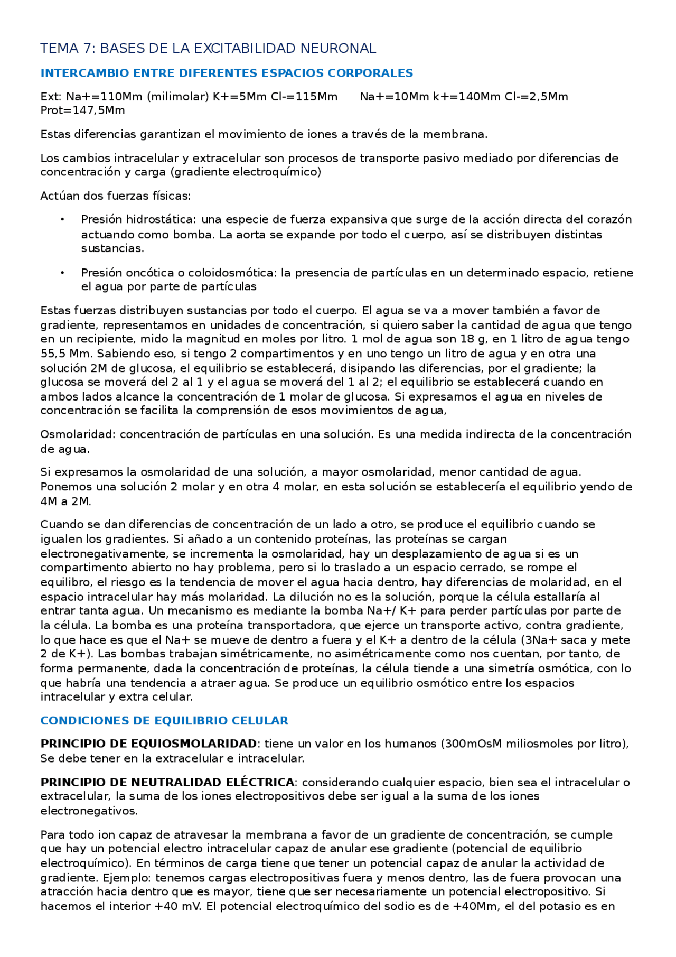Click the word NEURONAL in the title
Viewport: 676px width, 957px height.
[x=338, y=49]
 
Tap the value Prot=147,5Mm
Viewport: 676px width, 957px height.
[x=82, y=110]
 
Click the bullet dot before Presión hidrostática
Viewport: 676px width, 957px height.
[x=62, y=219]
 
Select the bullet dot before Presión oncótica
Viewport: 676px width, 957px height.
[x=62, y=273]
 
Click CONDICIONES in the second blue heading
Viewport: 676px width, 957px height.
[x=82, y=721]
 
